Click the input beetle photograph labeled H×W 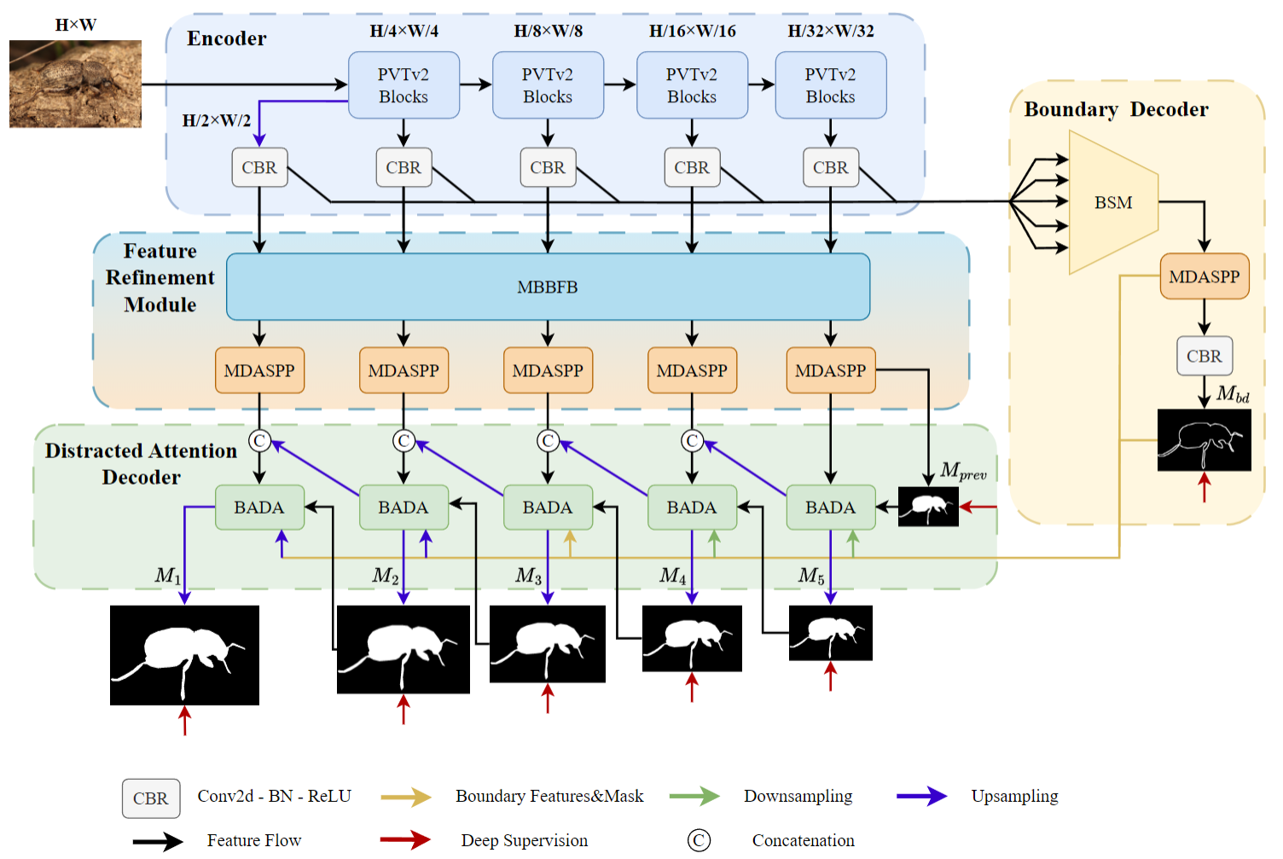coord(75,84)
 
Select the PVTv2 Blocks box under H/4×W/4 coord(403,85)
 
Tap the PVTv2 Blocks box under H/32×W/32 coord(830,85)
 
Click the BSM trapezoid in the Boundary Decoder coord(1112,202)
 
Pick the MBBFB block coord(548,287)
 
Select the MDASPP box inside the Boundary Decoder coord(1204,276)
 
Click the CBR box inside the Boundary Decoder coord(1204,356)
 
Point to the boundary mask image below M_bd coord(1204,440)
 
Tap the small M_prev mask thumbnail coord(928,507)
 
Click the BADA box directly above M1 coord(259,508)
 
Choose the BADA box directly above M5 coord(830,508)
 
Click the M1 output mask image coord(184,655)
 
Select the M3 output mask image coord(547,644)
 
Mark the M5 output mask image coord(830,633)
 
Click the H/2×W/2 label coord(217,120)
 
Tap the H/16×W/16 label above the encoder coord(692,32)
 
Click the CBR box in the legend coord(151,798)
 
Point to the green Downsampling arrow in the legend coord(694,797)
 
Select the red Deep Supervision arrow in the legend coord(405,840)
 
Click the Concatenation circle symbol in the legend coord(699,840)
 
